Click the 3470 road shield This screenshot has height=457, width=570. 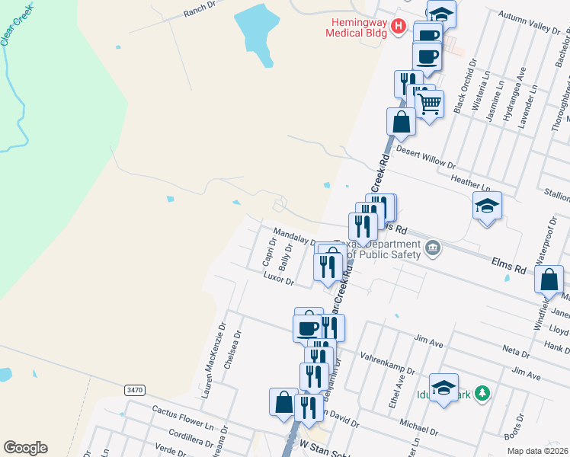point(134,389)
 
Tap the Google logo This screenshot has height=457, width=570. point(25,448)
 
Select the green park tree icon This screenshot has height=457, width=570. point(481,392)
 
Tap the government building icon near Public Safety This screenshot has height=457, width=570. point(432,247)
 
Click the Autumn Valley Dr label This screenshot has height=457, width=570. point(529,21)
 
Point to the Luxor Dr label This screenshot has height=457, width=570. point(278,280)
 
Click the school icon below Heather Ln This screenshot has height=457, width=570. point(488,205)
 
